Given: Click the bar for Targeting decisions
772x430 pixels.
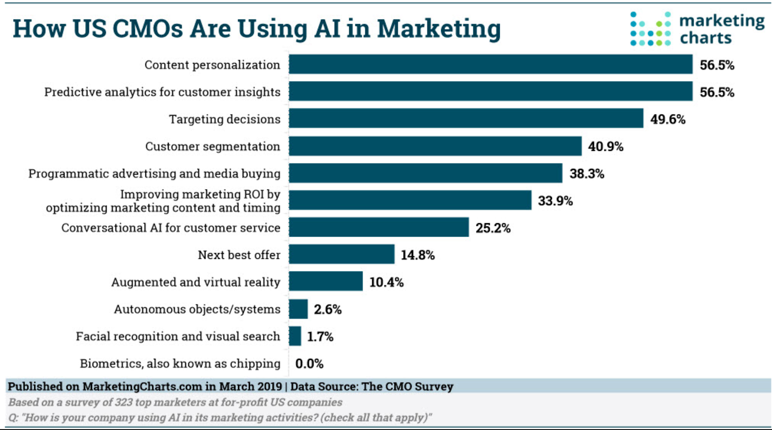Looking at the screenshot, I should tap(466, 119).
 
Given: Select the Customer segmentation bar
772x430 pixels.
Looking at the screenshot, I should tap(435, 146).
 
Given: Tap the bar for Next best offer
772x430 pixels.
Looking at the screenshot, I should tap(342, 255).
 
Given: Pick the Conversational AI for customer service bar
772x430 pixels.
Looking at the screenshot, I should tap(379, 228).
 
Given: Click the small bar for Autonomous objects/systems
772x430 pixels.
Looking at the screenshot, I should tap(298, 309).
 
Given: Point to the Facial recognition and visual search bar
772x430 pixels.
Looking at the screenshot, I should tap(295, 336).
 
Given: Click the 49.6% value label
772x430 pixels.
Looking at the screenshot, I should tap(668, 119).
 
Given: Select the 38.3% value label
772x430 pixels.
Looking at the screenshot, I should tap(587, 174).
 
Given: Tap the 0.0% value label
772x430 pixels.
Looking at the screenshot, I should tap(309, 363).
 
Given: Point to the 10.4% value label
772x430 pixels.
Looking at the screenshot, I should tap(386, 282).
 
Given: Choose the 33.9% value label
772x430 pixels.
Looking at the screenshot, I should tap(555, 201).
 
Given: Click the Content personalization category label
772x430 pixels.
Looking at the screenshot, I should tap(212, 65).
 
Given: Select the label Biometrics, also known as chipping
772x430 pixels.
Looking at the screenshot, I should tap(180, 363).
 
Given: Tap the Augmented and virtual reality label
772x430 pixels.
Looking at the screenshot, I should tap(195, 282).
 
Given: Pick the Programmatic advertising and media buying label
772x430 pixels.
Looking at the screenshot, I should tap(154, 174).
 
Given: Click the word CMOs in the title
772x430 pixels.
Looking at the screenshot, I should tap(148, 28).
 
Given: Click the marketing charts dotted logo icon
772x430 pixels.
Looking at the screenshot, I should tap(650, 29).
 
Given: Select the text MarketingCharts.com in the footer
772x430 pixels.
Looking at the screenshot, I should tap(142, 387).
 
